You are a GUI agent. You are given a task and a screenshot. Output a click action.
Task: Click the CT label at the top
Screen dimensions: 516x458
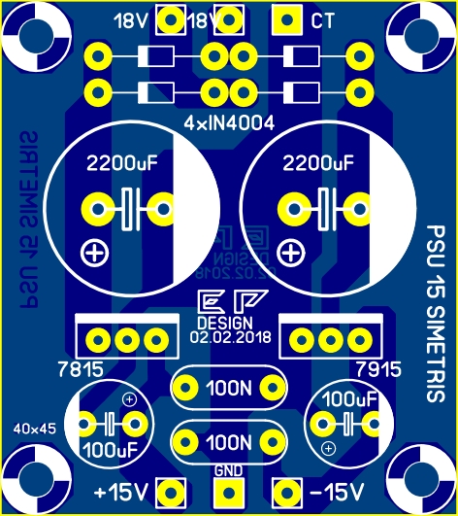[323, 20]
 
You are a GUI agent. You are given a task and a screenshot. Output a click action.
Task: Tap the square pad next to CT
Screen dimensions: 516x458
[284, 19]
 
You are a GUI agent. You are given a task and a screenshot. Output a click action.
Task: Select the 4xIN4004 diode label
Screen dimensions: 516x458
[229, 123]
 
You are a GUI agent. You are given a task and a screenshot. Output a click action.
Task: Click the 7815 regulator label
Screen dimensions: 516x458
[78, 369]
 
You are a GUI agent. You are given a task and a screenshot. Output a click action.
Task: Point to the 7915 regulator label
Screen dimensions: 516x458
[376, 369]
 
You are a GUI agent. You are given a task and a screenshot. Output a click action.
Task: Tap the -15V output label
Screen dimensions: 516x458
[333, 490]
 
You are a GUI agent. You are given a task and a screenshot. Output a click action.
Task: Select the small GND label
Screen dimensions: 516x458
[228, 471]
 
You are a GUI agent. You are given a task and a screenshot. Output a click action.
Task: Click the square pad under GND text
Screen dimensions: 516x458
[228, 493]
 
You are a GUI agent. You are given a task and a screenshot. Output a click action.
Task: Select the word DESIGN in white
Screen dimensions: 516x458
[223, 323]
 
